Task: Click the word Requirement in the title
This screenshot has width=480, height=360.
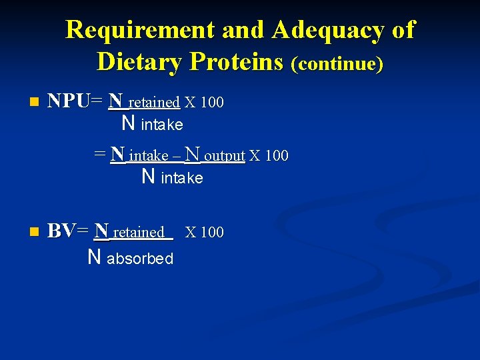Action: (140, 30)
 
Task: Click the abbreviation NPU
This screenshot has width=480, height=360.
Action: (69, 101)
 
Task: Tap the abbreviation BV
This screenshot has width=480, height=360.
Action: (61, 231)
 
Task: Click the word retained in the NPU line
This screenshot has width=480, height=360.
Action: (154, 103)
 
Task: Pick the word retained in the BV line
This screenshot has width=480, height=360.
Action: (139, 233)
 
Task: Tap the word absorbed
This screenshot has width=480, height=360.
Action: (140, 259)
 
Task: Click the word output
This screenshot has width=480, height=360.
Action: (225, 156)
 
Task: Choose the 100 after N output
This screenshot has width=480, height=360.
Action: (276, 156)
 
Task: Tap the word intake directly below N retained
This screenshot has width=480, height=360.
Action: (162, 125)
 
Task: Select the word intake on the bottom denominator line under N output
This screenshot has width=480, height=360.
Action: (182, 179)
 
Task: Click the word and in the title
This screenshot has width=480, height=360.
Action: (238, 30)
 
